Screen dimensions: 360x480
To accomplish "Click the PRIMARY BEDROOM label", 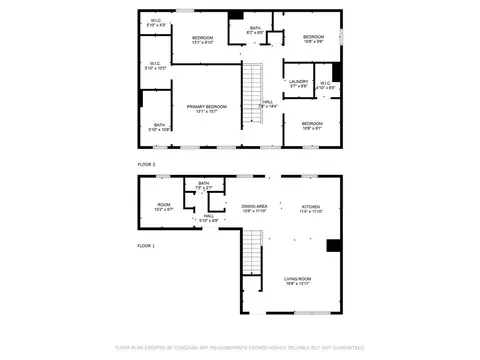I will (x=206, y=108).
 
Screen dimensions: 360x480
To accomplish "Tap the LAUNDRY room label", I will (x=298, y=84).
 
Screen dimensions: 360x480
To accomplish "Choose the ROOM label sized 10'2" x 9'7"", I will (x=164, y=207).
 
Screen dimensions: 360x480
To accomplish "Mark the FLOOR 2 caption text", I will (x=147, y=163).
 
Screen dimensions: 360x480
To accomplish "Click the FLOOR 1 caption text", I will (x=147, y=245).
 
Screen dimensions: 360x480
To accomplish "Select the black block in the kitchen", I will (x=334, y=246).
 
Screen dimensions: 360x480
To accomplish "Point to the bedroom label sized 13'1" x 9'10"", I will (x=203, y=40).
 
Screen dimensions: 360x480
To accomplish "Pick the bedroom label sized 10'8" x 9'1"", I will (x=313, y=125).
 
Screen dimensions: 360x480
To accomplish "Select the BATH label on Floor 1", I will (x=203, y=185).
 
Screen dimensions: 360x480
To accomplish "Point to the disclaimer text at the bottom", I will (x=240, y=348).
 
